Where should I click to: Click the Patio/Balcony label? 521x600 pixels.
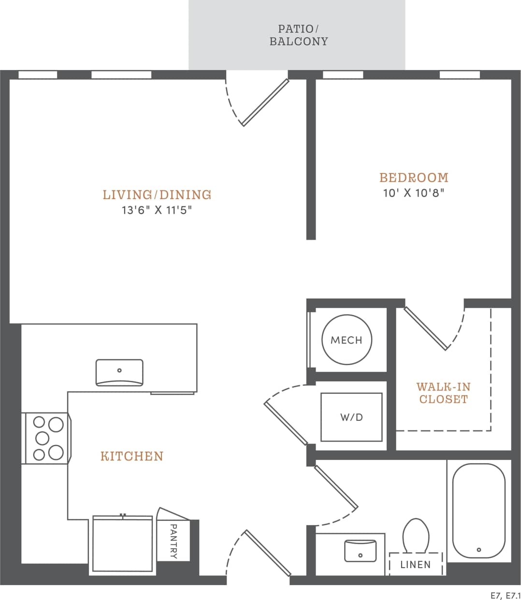pyautogui.click(x=298, y=35)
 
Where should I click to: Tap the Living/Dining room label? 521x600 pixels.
pyautogui.click(x=157, y=195)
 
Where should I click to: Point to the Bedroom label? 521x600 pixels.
pyautogui.click(x=414, y=178)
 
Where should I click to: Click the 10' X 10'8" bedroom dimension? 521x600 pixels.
pyautogui.click(x=414, y=193)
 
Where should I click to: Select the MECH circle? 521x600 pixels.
pyautogui.click(x=347, y=340)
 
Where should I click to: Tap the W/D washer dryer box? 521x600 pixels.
pyautogui.click(x=351, y=417)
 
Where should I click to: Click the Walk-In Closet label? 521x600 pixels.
pyautogui.click(x=443, y=393)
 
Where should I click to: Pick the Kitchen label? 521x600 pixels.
pyautogui.click(x=132, y=456)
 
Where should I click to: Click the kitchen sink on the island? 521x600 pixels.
pyautogui.click(x=119, y=372)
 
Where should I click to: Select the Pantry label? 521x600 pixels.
pyautogui.click(x=173, y=541)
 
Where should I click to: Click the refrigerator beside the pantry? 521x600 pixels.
pyautogui.click(x=123, y=545)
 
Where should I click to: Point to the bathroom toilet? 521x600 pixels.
pyautogui.click(x=416, y=535)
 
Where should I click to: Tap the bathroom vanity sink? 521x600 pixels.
pyautogui.click(x=360, y=551)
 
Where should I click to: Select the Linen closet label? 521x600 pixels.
pyautogui.click(x=415, y=564)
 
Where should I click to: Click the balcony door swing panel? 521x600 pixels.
pyautogui.click(x=265, y=102)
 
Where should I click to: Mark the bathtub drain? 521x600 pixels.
pyautogui.click(x=479, y=550)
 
